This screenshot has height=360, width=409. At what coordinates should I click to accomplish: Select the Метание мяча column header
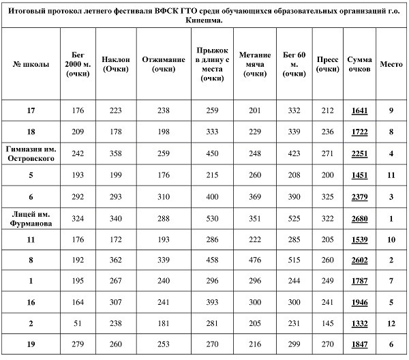[x=256, y=64]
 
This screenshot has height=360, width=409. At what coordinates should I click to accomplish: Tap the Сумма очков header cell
[x=359, y=64]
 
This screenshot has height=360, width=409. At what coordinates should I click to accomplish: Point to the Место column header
[x=391, y=64]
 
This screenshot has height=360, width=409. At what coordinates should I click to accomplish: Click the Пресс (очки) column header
[x=328, y=64]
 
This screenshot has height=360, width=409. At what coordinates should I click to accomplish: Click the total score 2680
[x=359, y=219]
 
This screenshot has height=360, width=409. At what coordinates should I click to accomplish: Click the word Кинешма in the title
[x=204, y=20]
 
